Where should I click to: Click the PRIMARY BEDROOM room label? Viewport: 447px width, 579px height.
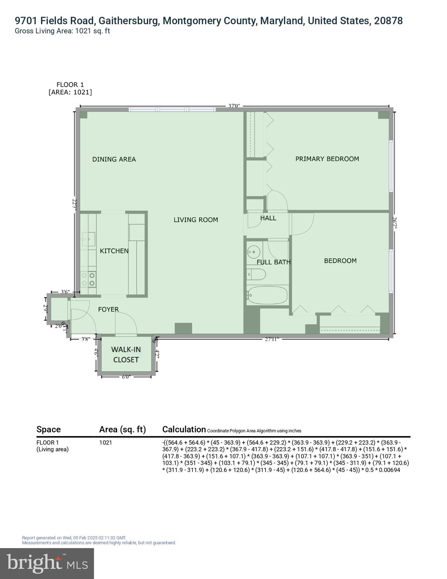pos(327,159)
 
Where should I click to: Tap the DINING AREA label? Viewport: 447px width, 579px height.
pos(114,159)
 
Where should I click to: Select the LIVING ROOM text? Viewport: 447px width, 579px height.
pos(195,220)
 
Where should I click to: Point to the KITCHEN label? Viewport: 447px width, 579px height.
pos(114,251)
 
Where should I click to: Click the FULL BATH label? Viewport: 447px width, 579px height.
pos(273,262)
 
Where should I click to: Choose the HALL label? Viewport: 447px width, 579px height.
pos(268,218)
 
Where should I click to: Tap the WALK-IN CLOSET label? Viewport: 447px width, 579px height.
pos(126,355)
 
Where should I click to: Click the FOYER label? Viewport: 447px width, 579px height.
pos(108,309)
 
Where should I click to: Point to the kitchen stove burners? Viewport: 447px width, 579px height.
pos(88,279)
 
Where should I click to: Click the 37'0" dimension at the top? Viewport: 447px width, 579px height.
pos(234,106)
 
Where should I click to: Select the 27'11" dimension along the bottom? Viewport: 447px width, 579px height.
pos(272,339)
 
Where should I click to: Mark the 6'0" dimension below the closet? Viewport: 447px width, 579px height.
pos(126,377)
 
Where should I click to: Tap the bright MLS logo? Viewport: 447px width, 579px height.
pos(47,563)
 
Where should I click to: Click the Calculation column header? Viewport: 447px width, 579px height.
pos(184,429)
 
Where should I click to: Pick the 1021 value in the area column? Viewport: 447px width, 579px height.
pos(105,443)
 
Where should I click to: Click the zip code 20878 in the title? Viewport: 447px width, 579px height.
pos(388,21)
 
